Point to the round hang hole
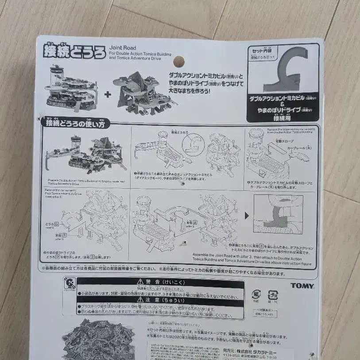tap(178, 61)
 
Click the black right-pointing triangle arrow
tap(246, 215)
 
